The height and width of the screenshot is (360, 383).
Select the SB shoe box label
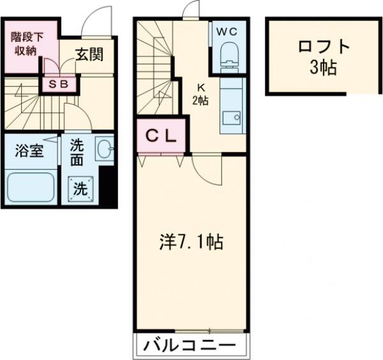pos(59,83)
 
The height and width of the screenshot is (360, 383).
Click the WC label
pos(228,31)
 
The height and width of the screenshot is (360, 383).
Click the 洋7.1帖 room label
pos(190,243)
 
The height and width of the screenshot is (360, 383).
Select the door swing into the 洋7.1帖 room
pos(205,167)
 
